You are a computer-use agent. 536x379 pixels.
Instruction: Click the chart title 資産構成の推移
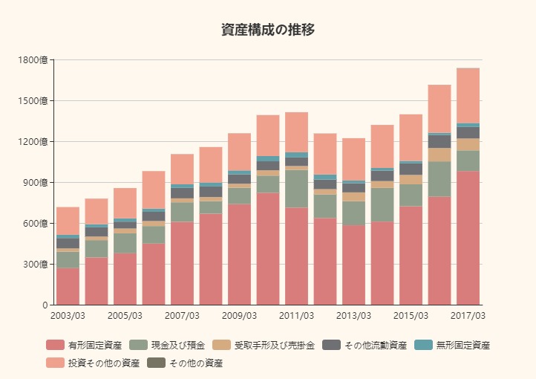(268, 30)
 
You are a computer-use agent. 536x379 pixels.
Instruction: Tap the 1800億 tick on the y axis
(35, 59)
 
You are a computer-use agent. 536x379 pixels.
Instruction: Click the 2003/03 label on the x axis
(68, 316)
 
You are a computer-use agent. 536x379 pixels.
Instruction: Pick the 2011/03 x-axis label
(296, 316)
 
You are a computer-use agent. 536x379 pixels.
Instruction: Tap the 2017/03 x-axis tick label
(468, 316)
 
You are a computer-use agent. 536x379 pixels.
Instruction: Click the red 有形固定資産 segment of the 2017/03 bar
(468, 238)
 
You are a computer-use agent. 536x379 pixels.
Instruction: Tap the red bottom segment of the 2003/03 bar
(68, 286)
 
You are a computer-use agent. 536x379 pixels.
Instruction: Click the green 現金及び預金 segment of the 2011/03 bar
(296, 189)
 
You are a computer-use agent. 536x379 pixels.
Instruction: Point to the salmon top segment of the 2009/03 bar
(239, 152)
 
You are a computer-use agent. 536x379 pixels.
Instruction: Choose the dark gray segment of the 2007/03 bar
(182, 193)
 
